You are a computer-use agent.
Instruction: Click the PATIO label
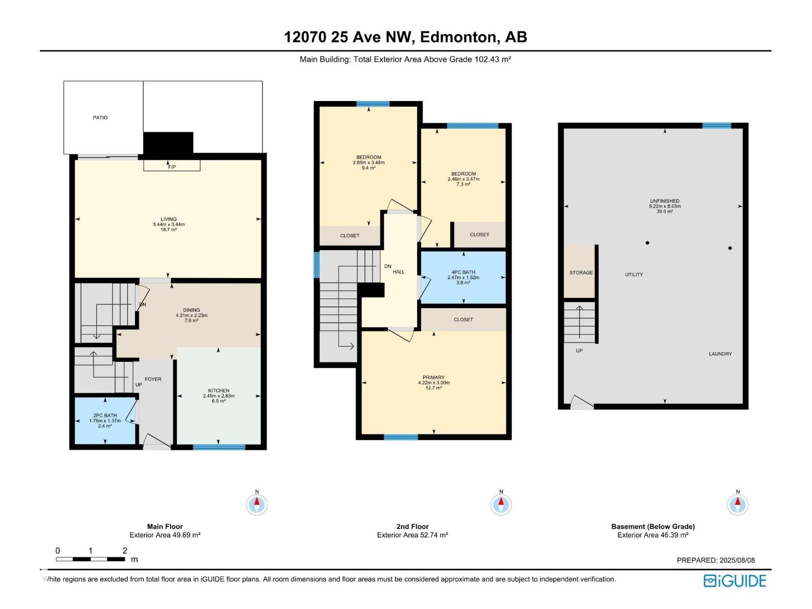pos(100,118)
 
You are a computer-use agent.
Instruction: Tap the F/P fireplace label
pos(172,167)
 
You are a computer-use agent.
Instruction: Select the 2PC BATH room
pos(105,420)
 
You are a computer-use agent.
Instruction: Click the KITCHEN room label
pos(219,390)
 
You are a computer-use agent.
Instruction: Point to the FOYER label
pos(153,379)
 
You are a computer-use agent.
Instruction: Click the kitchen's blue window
pos(219,447)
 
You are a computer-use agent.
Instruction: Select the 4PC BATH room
pos(463,277)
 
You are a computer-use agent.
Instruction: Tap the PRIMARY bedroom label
pos(433,378)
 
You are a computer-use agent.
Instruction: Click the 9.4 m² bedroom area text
pos(368,168)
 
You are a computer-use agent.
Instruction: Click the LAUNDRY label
pos(720,354)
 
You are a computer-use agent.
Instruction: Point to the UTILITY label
pos(634,275)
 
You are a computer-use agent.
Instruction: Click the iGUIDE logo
pos(735,581)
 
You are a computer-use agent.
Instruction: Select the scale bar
pos(90,559)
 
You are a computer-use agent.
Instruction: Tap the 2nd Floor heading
pos(413,527)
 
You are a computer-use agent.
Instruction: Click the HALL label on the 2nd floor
pos(398,272)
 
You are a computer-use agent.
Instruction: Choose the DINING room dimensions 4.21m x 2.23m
pos(192,315)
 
